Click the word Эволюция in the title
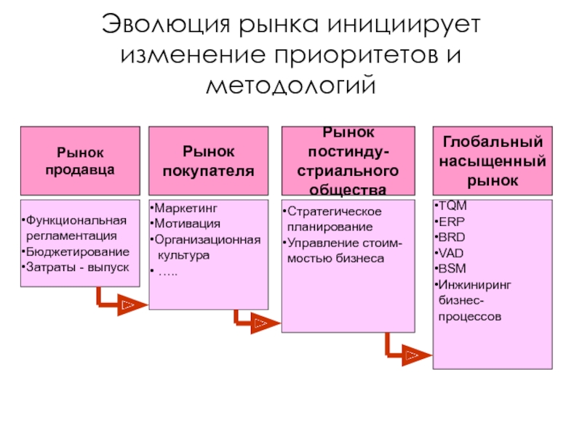tap(159, 23)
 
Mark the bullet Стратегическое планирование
tap(335, 219)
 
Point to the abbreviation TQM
tap(453, 206)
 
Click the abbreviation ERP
tap(452, 222)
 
